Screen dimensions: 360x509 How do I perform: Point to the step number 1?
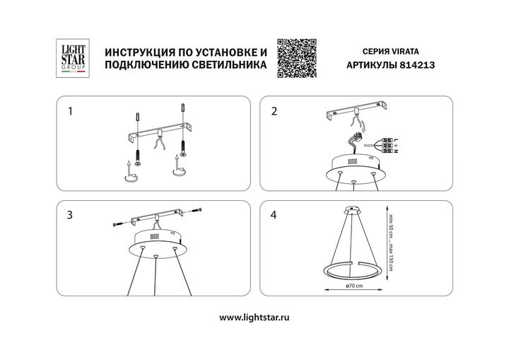pos(70,111)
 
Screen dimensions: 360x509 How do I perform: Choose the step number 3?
pos(70,216)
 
